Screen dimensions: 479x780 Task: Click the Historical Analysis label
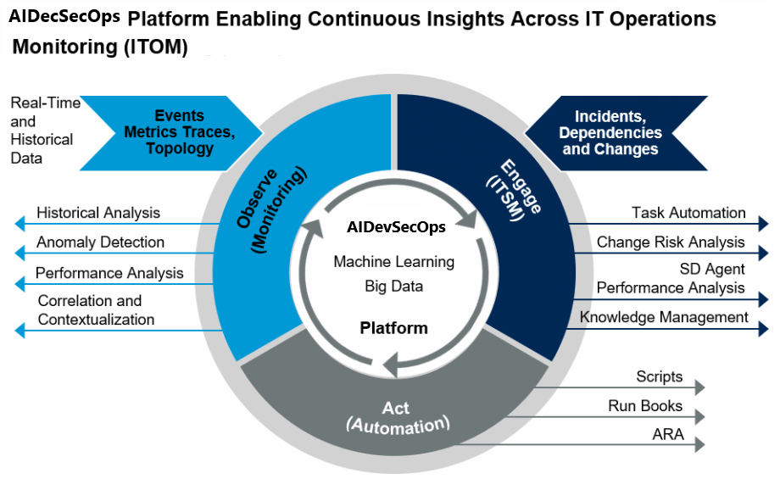pos(98,213)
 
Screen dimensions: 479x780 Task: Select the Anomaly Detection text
pos(100,242)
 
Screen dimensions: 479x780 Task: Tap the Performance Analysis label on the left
pos(109,273)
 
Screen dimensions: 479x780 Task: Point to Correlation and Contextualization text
pos(96,310)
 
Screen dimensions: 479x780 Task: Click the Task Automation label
pos(688,213)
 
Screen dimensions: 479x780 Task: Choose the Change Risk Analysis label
pos(671,242)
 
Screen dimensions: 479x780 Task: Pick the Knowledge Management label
pos(664,317)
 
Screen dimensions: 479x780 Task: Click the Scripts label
pos(659,376)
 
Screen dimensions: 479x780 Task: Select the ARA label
pos(667,436)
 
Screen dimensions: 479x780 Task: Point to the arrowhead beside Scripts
pos(699,387)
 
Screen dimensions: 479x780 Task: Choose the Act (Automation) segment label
pos(397,415)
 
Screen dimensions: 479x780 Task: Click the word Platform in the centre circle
pos(393,328)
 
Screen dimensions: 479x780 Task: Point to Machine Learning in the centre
pos(393,262)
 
